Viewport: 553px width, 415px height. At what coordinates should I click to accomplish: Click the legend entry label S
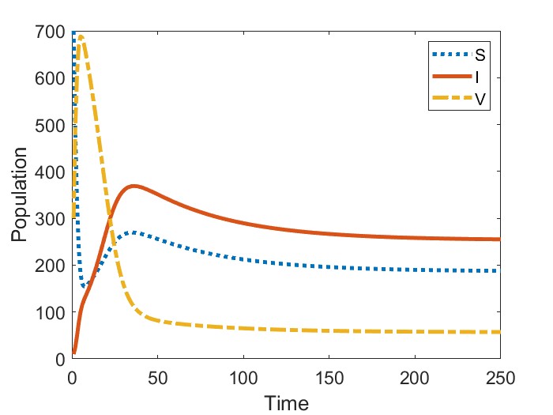tap(480, 55)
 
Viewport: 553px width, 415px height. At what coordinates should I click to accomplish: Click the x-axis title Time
tap(286, 402)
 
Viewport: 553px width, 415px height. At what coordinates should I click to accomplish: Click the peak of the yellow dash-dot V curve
tap(81, 36)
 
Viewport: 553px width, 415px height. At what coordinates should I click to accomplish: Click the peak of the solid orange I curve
tap(134, 186)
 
